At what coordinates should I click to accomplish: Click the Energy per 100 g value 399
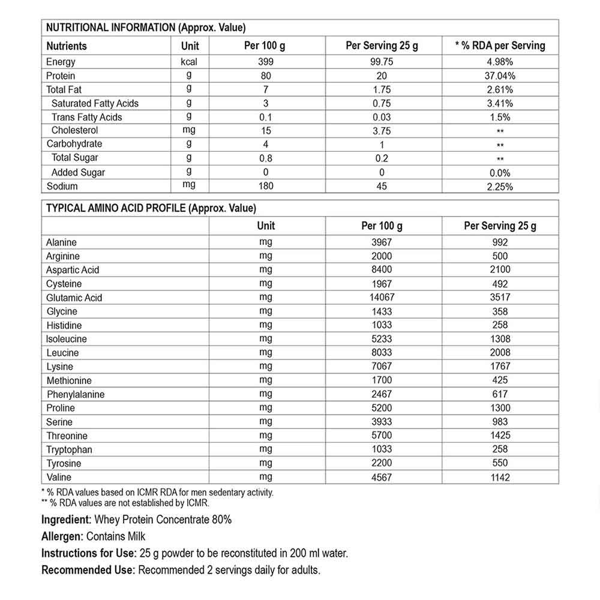[266, 62]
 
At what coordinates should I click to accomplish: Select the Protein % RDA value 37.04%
[500, 76]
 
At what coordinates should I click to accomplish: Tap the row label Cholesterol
[74, 130]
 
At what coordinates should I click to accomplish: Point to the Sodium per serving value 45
[382, 186]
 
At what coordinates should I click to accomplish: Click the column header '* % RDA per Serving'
[500, 46]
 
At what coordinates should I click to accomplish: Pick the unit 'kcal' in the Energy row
[189, 62]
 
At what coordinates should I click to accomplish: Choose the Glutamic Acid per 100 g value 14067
[382, 298]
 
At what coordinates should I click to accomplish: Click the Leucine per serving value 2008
[500, 353]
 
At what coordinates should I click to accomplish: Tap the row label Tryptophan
[70, 449]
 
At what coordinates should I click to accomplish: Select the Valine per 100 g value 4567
[382, 478]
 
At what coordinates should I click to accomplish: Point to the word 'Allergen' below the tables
[62, 536]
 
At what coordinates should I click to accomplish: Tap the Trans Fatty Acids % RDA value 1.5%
[500, 117]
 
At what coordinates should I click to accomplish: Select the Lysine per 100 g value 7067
[382, 367]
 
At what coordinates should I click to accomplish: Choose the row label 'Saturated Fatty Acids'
[95, 103]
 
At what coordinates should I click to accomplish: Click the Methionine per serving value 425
[500, 380]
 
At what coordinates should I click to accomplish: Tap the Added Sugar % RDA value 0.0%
[500, 172]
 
